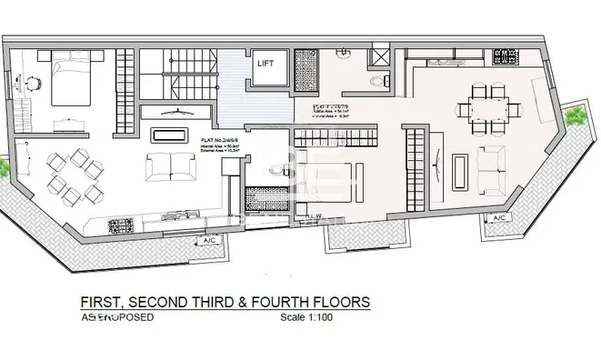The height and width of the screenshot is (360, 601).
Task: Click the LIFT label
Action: coord(265,63)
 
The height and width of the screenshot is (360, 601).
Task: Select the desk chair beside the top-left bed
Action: coord(32,83)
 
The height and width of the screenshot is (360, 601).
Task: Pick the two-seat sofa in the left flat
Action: coord(165,165)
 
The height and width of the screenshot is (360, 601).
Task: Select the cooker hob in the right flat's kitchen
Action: coord(503,56)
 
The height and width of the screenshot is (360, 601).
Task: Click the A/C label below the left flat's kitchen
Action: coord(209,240)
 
